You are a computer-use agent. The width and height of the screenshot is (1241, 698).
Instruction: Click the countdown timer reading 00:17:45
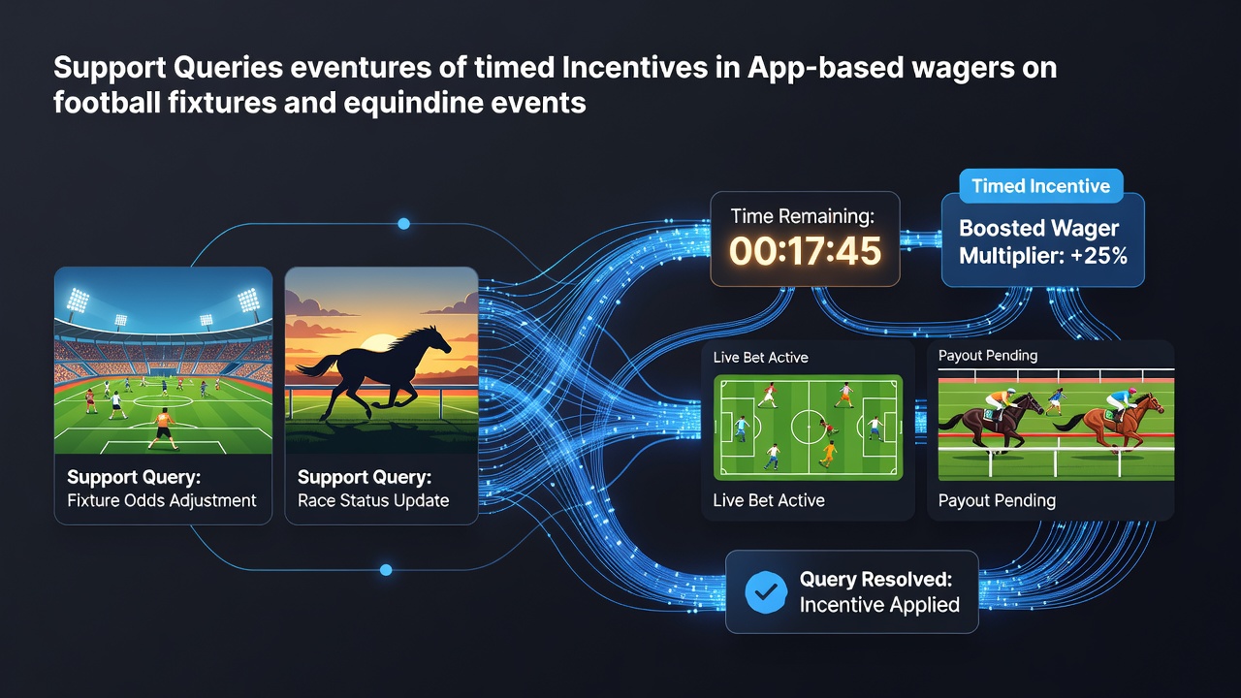click(805, 251)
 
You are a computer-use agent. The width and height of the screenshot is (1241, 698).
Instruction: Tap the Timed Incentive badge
click(1040, 185)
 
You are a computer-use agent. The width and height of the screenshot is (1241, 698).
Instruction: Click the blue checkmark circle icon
click(766, 591)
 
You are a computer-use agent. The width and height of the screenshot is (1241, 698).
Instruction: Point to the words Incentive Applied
click(879, 604)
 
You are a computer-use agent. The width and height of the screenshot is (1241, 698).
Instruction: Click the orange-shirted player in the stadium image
click(164, 428)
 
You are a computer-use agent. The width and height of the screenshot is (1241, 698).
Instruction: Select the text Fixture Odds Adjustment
click(162, 500)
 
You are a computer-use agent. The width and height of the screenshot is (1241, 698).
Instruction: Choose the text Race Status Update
click(373, 500)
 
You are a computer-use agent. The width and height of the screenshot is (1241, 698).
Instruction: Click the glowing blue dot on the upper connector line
click(404, 224)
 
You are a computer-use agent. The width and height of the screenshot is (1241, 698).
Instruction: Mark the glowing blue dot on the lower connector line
click(386, 570)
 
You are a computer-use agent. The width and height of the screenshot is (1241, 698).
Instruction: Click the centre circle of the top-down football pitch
click(809, 427)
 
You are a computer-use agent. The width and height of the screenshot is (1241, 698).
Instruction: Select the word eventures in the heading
click(361, 68)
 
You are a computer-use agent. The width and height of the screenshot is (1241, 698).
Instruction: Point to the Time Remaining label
click(802, 216)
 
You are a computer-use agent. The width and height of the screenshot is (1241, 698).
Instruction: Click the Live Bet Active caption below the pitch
click(769, 500)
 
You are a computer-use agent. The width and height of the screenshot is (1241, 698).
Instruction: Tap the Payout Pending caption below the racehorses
click(997, 501)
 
